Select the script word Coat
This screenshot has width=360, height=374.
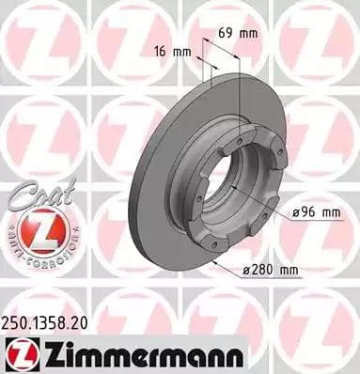[31, 195]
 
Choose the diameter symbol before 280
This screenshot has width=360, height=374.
[248, 272]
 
